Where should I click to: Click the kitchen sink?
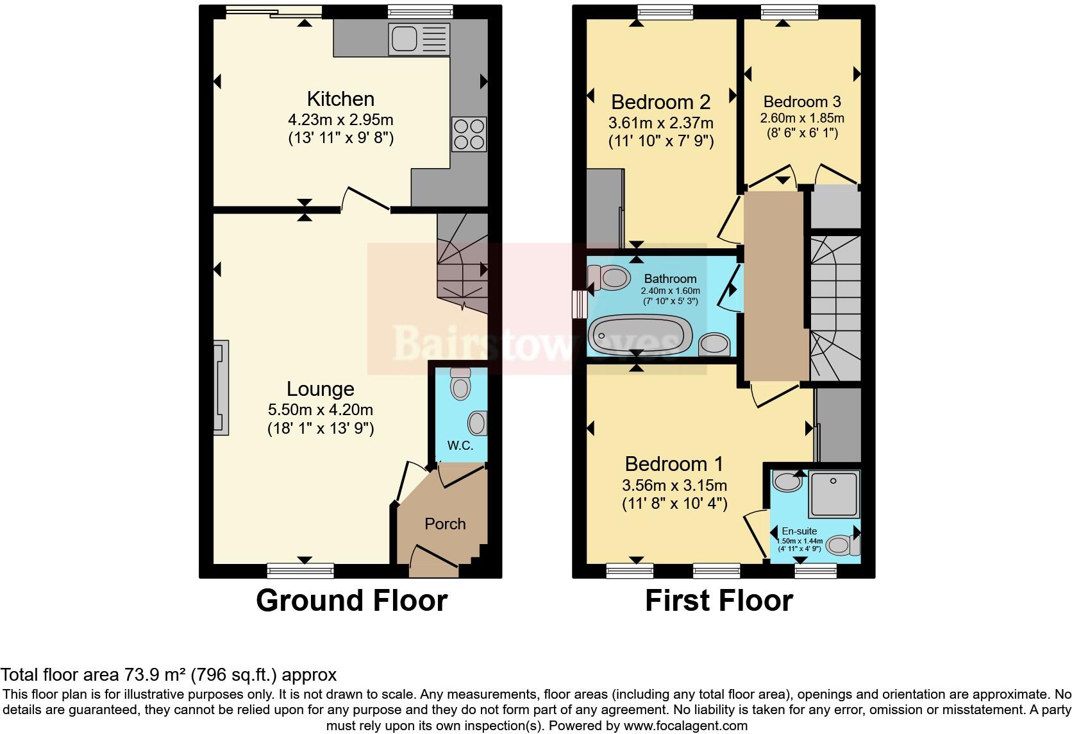tap(418, 37)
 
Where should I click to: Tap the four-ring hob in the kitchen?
tap(469, 134)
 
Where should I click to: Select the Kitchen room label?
tap(340, 99)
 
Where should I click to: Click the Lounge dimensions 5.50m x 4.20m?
tap(321, 409)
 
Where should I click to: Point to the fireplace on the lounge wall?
tap(221, 388)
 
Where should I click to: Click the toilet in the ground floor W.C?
tap(460, 385)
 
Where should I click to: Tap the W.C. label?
tap(460, 446)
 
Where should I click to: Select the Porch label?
tap(445, 524)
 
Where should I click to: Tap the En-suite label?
tap(800, 531)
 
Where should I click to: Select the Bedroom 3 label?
tap(802, 101)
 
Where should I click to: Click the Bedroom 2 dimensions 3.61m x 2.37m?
tap(660, 123)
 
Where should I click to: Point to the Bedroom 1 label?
tap(674, 463)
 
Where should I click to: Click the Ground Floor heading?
tap(351, 601)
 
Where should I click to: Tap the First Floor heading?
tap(719, 601)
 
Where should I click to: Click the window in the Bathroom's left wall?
tap(579, 303)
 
